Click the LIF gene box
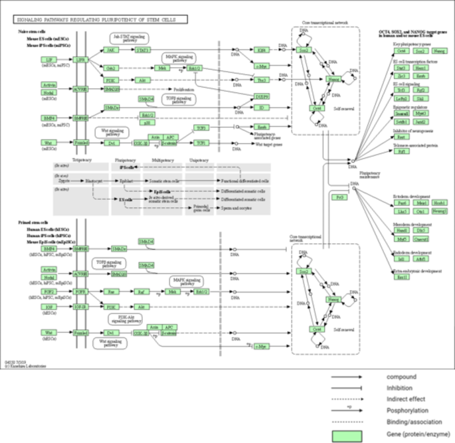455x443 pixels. (48, 59)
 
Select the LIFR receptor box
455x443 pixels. (80, 59)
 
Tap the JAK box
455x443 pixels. (111, 49)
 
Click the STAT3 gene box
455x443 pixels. (141, 49)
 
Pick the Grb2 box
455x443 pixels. (111, 68)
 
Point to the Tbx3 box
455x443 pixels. (262, 80)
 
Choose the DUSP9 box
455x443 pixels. (262, 97)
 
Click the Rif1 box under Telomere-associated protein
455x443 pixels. (401, 151)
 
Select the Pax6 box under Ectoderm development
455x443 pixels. (401, 203)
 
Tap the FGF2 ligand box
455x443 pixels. (48, 291)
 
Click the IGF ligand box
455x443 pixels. (48, 308)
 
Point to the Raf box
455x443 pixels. (141, 291)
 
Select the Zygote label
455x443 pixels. (63, 180)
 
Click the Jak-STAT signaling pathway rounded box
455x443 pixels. (130, 39)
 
